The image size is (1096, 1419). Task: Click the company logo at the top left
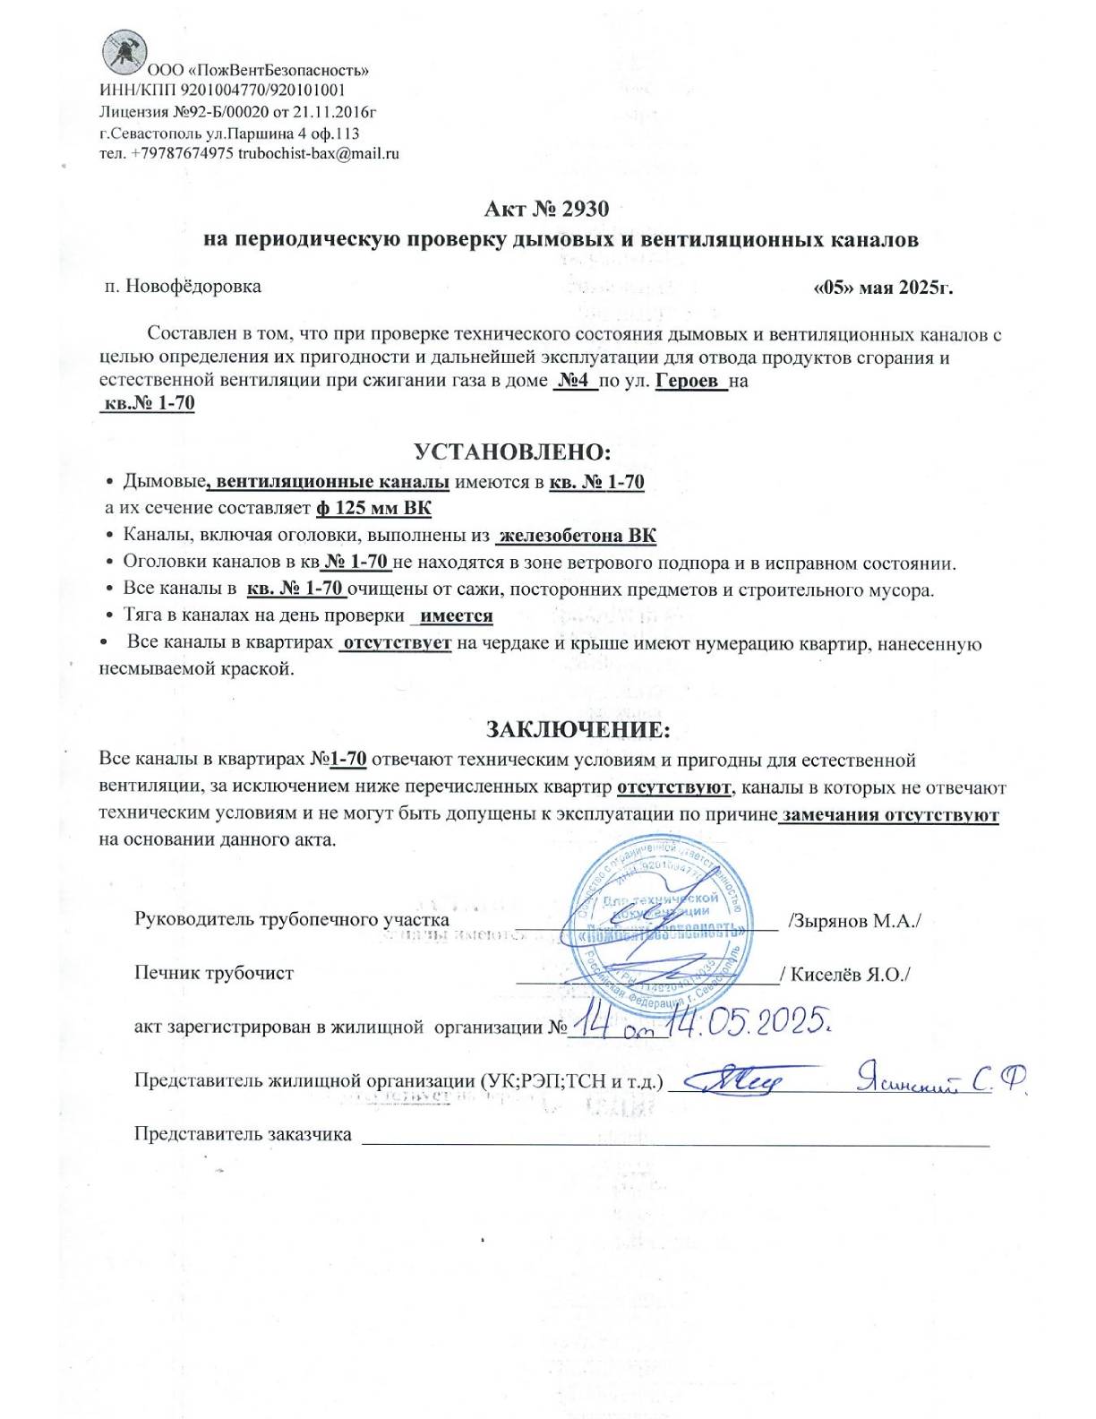click(124, 52)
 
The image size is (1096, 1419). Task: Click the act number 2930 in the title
click(585, 209)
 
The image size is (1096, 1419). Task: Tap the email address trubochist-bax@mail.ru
click(319, 153)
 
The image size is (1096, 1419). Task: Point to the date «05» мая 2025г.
click(882, 288)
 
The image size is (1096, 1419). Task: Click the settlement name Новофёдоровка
click(193, 287)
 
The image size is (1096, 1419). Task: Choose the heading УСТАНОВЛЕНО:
click(512, 451)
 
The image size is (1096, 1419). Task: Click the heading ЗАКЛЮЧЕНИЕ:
click(578, 729)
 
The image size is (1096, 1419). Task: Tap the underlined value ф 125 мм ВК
click(373, 509)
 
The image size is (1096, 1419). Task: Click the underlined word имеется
click(457, 616)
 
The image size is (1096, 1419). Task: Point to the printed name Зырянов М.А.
click(855, 921)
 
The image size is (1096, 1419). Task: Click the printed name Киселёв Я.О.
click(849, 975)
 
